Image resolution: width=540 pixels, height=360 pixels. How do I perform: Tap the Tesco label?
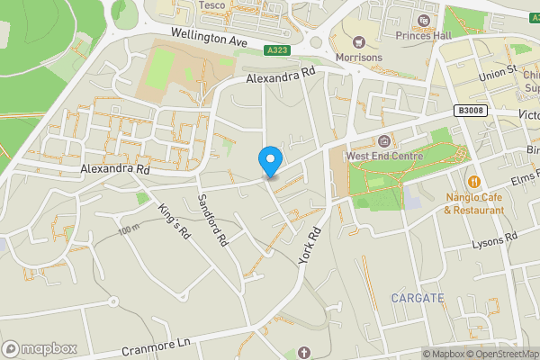point(211,5)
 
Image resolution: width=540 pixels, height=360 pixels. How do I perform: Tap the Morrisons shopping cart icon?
point(358,41)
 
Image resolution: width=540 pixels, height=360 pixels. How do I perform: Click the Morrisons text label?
point(358,58)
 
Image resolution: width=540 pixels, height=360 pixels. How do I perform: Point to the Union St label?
point(498,69)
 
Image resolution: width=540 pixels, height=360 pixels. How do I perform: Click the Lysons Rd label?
point(495,238)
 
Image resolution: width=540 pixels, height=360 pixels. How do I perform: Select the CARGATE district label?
point(418,297)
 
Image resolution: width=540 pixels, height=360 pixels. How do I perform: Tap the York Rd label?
point(309,245)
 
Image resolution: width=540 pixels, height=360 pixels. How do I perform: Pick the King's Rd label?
point(175,220)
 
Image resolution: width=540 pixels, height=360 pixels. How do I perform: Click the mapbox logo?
point(40,347)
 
